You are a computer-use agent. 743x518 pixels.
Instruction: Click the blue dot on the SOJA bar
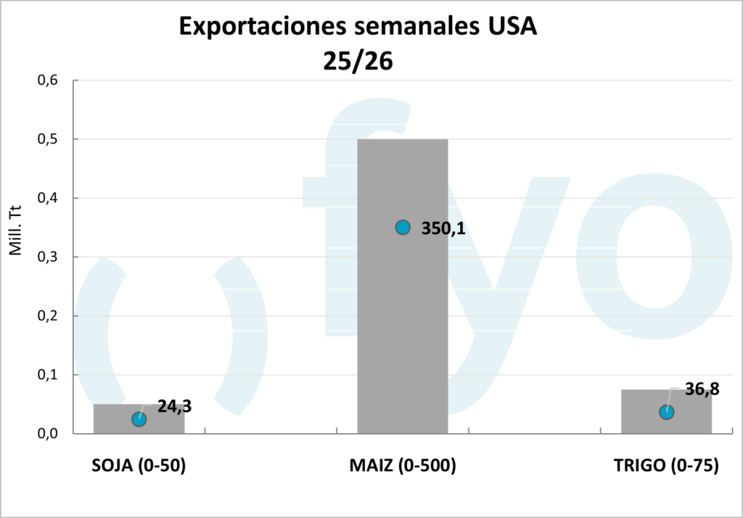tap(139, 419)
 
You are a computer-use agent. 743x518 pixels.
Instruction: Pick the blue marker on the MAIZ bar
tap(403, 228)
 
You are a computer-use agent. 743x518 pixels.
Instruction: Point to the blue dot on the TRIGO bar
tap(666, 412)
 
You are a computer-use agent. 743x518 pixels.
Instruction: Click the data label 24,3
tap(174, 406)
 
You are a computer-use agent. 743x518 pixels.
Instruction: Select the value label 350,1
tap(443, 229)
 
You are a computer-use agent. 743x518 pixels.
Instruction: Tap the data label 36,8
tap(702, 390)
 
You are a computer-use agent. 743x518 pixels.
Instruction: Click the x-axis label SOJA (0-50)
tap(139, 466)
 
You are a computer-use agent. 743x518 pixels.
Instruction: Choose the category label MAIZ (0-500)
tap(402, 466)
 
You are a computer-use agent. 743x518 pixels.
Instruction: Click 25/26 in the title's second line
tap(358, 61)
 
